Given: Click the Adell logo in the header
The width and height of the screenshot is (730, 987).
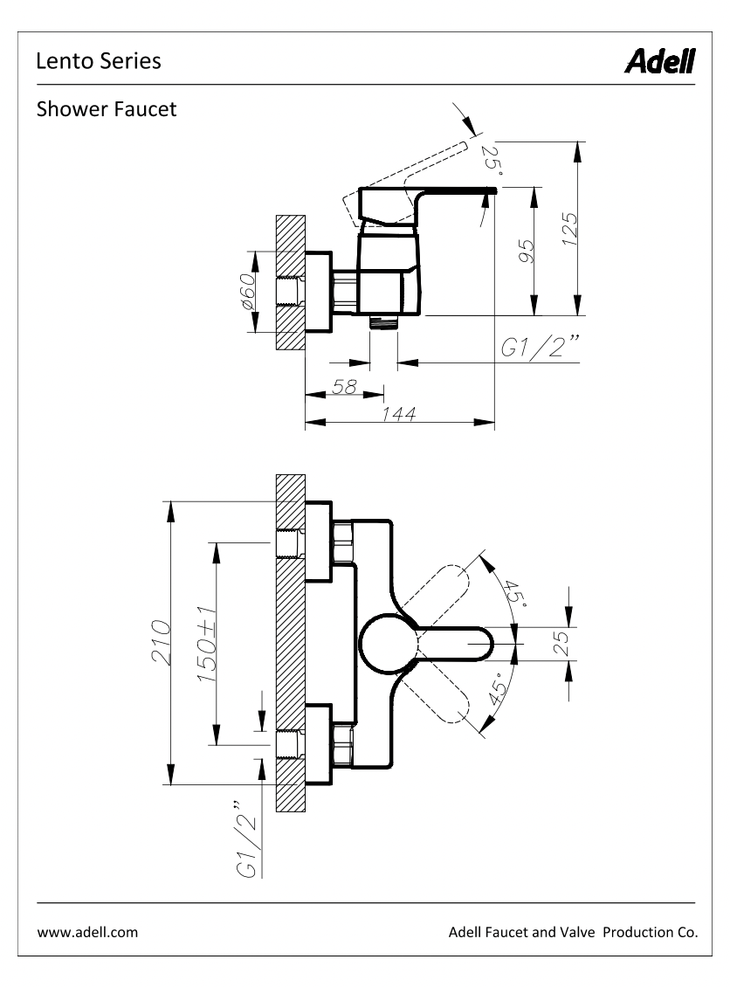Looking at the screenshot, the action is tap(659, 62).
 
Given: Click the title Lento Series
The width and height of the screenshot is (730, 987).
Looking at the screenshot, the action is tap(99, 61).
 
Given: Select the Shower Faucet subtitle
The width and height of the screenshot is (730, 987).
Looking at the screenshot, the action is tap(107, 109).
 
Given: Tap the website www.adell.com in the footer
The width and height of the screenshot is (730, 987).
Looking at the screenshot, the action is tap(87, 932).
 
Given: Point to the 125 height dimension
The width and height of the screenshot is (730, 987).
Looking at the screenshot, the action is tap(569, 229).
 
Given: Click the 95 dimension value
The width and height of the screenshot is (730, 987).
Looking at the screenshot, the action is tap(526, 252).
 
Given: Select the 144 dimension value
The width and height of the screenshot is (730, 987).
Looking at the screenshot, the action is tap(399, 413).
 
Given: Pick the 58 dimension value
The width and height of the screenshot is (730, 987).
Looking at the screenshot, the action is tap(344, 386).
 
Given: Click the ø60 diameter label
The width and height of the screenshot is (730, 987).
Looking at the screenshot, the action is tap(248, 292).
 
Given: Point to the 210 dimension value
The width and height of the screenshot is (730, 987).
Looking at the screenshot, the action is tap(161, 643).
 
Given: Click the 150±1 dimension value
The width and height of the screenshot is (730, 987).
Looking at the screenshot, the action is tap(207, 645).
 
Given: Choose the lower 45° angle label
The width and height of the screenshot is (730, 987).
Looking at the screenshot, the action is tap(497, 687).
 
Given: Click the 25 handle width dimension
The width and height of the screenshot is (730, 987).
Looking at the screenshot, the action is tap(561, 644).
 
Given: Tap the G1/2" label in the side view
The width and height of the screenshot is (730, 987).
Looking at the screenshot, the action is tap(540, 346).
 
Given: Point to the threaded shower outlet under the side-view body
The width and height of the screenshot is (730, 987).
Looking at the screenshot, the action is tap(383, 322).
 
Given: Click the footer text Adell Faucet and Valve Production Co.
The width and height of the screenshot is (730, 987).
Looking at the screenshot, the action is tap(574, 932).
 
